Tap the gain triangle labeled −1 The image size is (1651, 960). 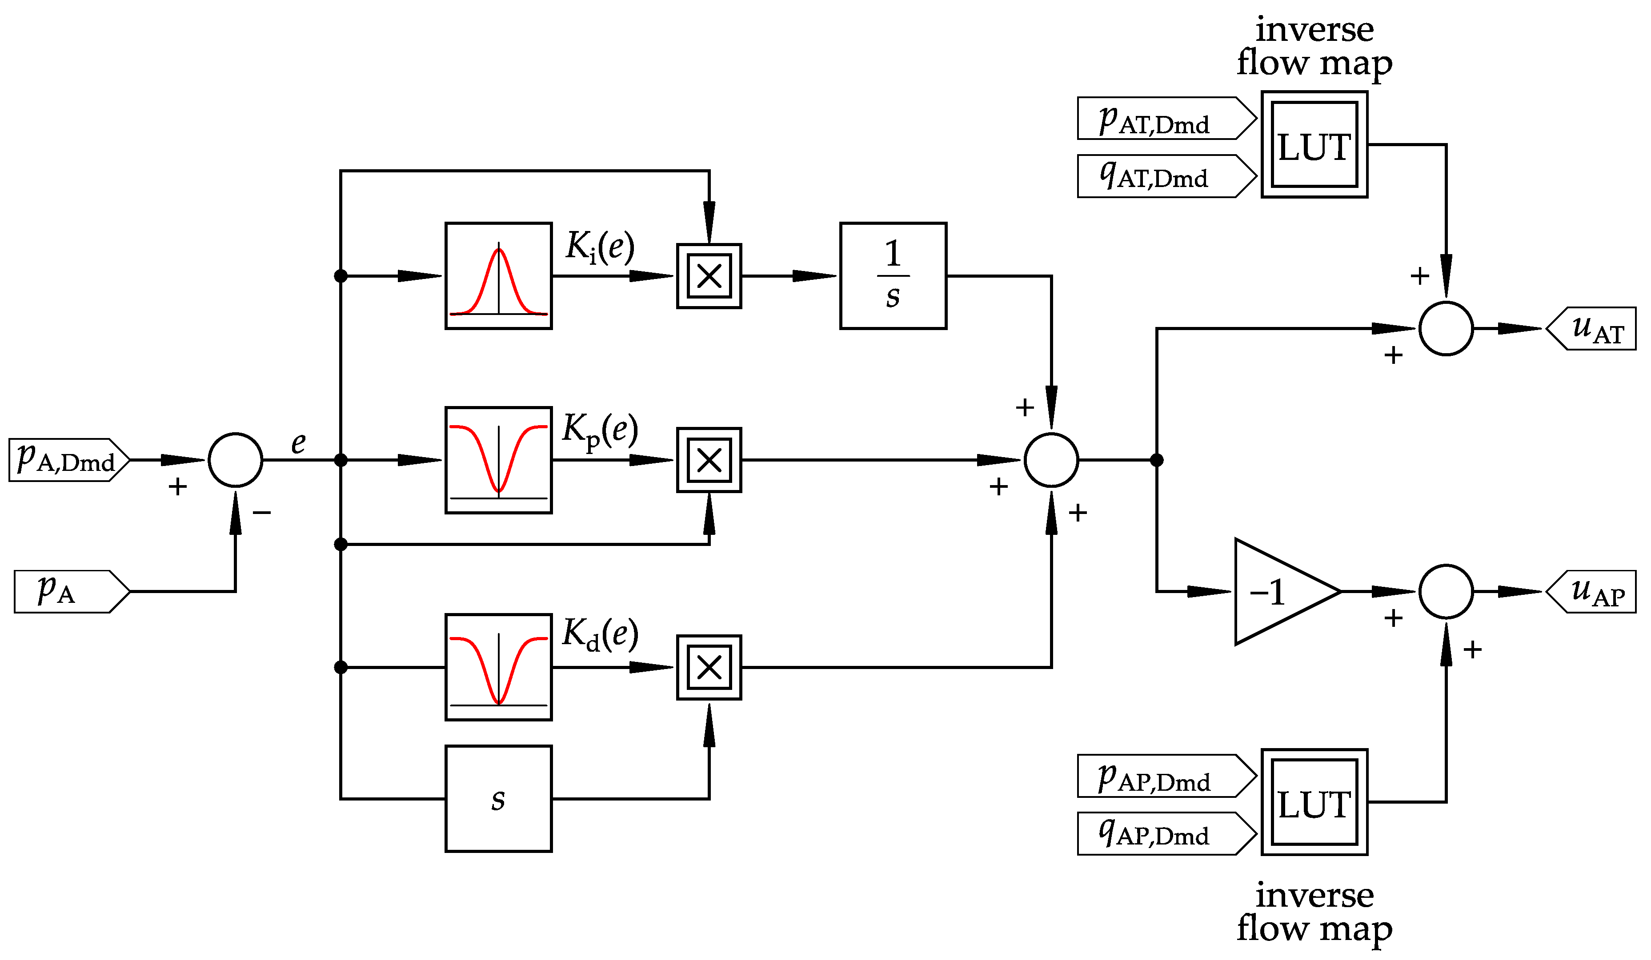(1278, 592)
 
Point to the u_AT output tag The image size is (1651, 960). (1592, 329)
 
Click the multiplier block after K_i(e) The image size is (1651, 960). (709, 276)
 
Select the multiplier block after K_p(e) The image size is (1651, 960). (709, 460)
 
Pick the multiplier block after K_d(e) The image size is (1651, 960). (709, 667)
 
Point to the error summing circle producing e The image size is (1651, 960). (235, 460)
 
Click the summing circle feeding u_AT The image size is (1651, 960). (1446, 329)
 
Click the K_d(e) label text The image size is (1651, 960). (600, 634)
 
